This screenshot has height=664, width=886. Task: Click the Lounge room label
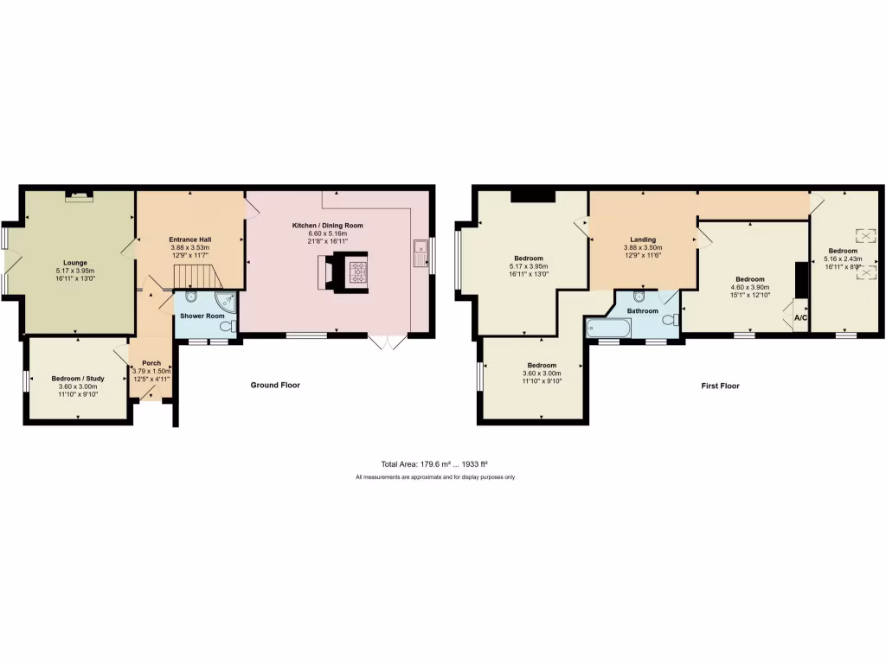point(74,262)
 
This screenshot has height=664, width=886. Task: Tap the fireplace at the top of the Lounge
point(79,196)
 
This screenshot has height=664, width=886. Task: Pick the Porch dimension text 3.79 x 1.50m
point(151,371)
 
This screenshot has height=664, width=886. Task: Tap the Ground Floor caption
point(275,385)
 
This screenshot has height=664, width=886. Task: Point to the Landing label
point(642,239)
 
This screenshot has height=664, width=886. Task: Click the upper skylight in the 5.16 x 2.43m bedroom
point(865,234)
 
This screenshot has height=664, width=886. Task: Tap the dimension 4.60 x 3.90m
point(750,288)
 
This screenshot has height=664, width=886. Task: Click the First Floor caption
point(720,386)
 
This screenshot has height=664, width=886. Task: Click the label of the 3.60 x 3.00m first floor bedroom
point(541,364)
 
